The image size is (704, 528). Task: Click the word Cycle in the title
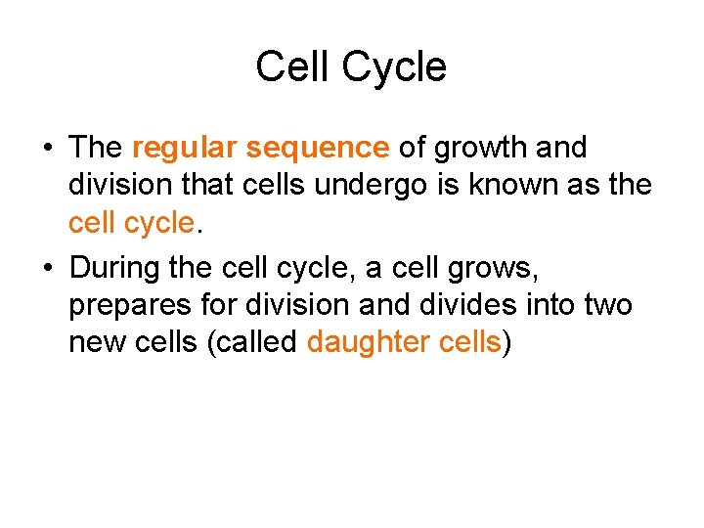(394, 68)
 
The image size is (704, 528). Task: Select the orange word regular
(185, 148)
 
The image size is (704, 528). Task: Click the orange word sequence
(318, 148)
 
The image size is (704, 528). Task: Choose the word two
(607, 304)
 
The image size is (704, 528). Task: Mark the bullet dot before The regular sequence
(46, 149)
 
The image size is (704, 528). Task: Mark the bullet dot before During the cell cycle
(46, 267)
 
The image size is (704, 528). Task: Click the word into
(551, 304)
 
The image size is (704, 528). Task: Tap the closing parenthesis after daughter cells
(506, 343)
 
